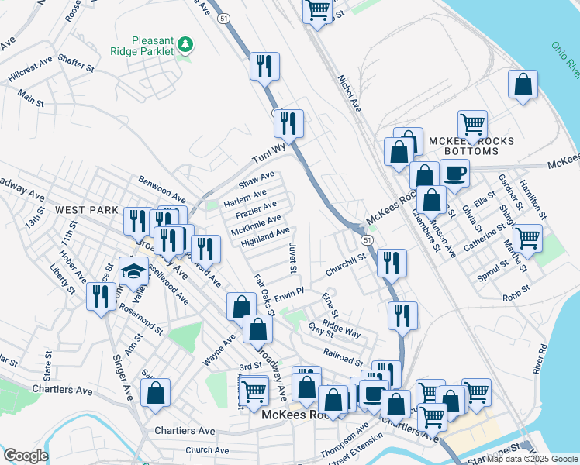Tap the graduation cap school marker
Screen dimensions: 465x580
[x=133, y=274]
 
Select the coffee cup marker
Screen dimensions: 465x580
[x=454, y=174]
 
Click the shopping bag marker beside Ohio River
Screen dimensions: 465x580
[x=523, y=84]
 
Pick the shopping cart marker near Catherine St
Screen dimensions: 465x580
[x=527, y=238]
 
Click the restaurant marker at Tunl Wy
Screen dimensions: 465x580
[x=288, y=122]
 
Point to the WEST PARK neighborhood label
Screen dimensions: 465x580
[x=86, y=210]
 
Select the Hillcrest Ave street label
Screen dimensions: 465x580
[x=30, y=70]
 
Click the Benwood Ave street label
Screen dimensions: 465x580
[x=161, y=189]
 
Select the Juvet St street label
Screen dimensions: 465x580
[x=292, y=257]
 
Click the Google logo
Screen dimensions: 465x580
[x=26, y=456]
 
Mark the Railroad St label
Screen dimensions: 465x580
[x=343, y=361]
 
